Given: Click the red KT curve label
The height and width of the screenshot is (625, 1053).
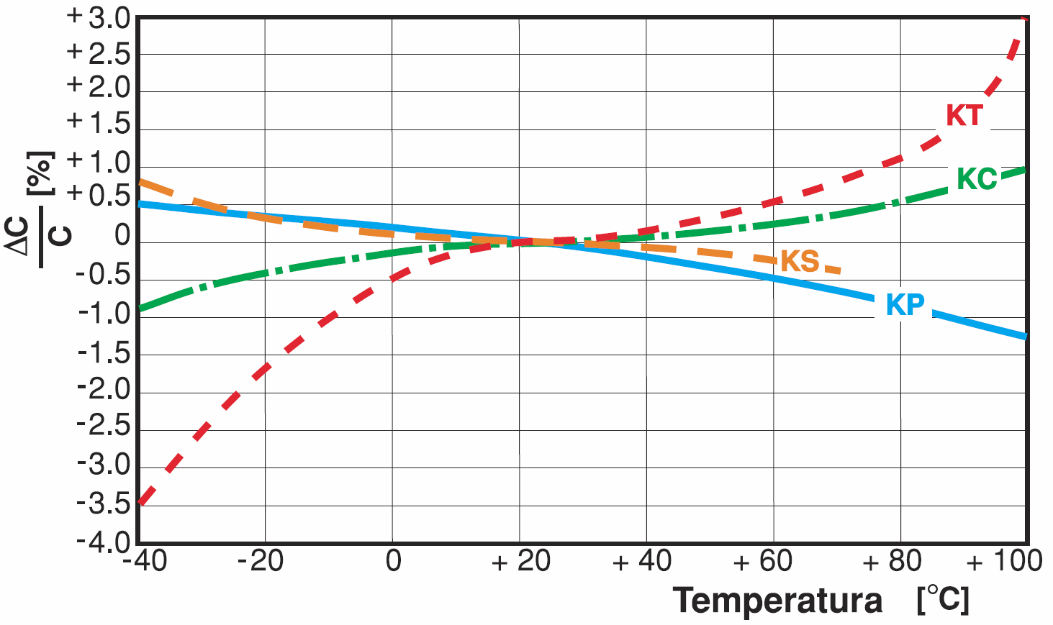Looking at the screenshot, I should click(x=964, y=115).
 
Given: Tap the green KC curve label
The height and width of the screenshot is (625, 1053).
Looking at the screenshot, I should click(x=977, y=179).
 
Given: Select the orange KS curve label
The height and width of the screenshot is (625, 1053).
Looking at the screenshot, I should click(x=800, y=261).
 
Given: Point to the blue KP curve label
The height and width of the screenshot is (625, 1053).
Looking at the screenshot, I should click(x=905, y=305).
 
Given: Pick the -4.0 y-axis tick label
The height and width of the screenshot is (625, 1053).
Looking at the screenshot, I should click(x=104, y=542).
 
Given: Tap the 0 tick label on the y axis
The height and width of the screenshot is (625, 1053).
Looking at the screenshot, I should click(x=123, y=235).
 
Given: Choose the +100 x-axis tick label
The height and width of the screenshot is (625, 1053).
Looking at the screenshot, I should click(x=1004, y=561).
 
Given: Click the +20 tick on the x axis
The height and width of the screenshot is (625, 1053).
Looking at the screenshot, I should click(x=521, y=561).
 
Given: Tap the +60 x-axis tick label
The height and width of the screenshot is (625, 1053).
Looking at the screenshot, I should click(x=762, y=561).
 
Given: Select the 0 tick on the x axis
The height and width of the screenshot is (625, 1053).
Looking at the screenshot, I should click(x=393, y=561).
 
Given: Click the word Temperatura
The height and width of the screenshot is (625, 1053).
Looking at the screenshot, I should click(x=777, y=600).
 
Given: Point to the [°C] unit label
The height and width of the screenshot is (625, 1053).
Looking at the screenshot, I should click(x=943, y=599).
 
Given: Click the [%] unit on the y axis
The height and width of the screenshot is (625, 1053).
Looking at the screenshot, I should click(x=40, y=173).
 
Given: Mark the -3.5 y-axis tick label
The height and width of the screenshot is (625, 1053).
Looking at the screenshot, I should click(x=104, y=504).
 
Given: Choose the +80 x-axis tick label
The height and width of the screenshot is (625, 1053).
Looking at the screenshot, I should click(x=892, y=561).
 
